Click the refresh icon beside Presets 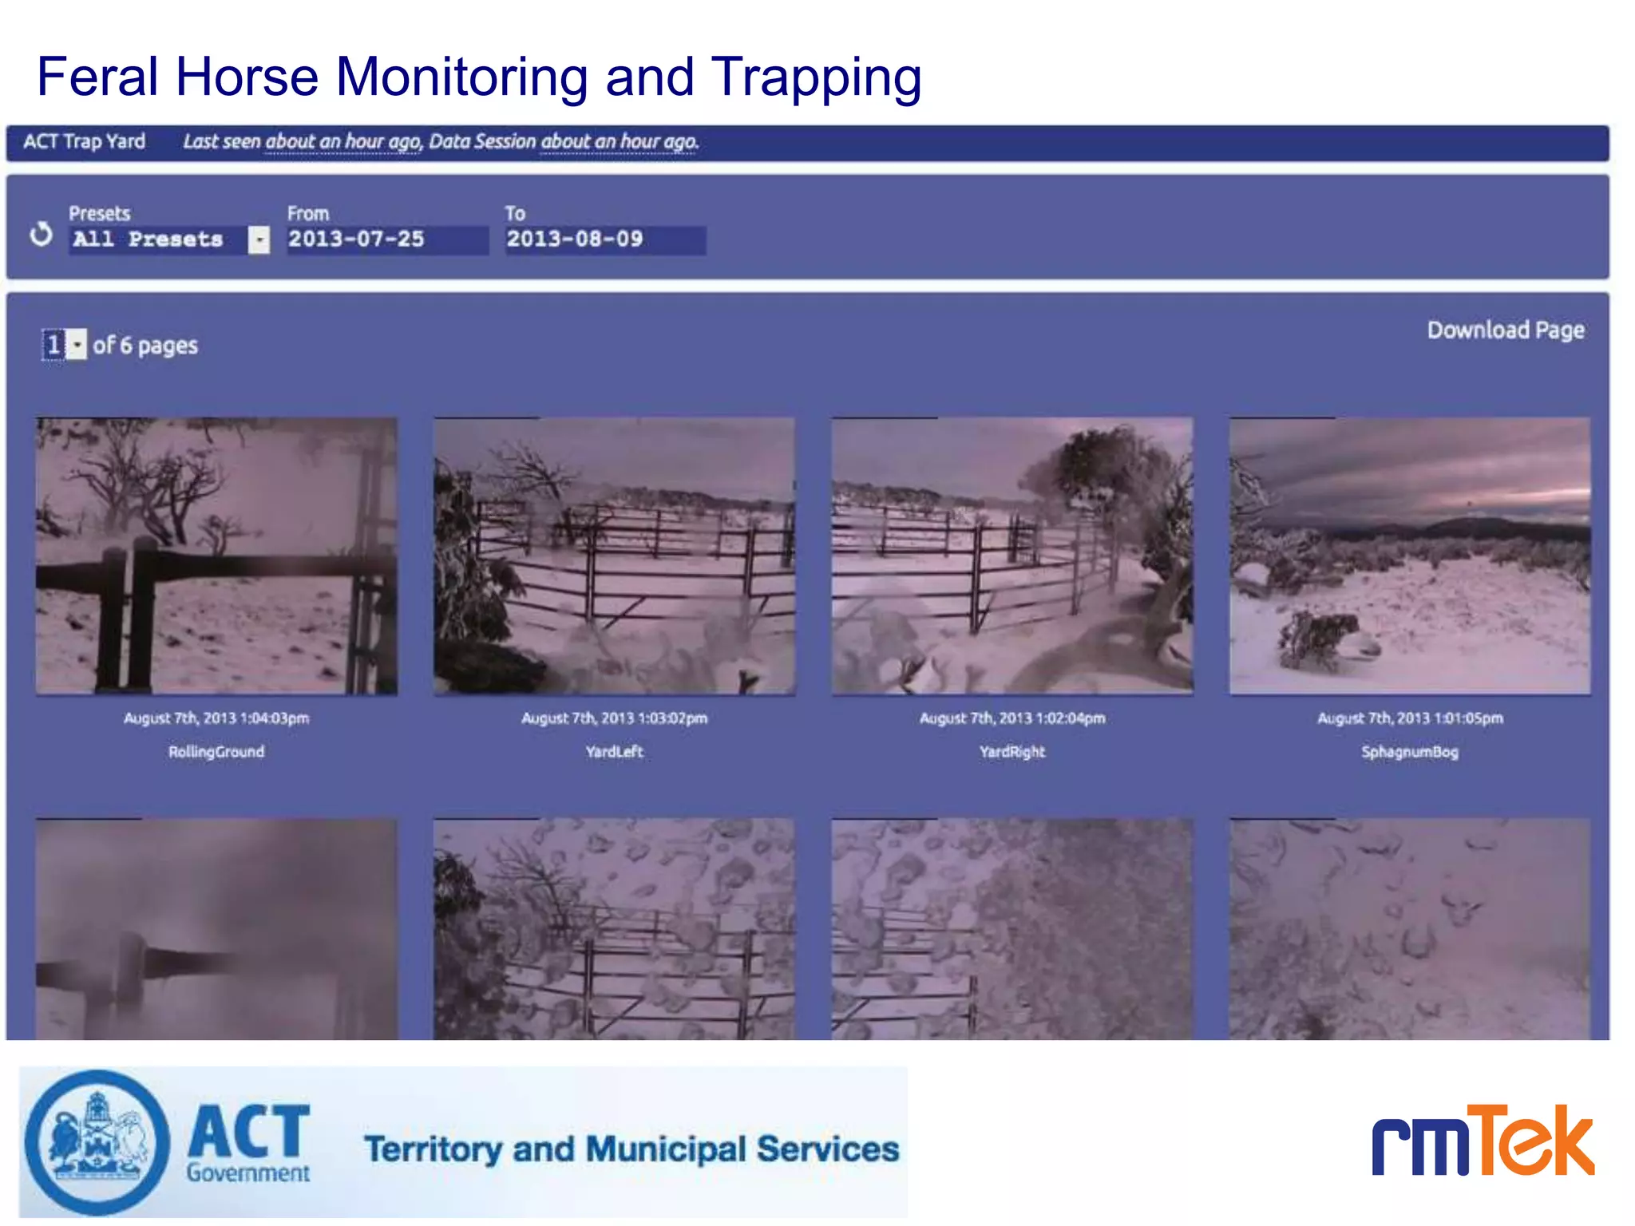pyautogui.click(x=41, y=235)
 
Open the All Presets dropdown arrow pyautogui.click(x=259, y=239)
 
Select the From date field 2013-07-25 pyautogui.click(x=386, y=239)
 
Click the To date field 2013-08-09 pyautogui.click(x=604, y=239)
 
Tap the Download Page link pyautogui.click(x=1505, y=330)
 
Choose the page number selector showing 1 pyautogui.click(x=64, y=345)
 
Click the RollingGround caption pyautogui.click(x=216, y=752)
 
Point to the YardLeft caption pyautogui.click(x=614, y=752)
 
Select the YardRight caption pyautogui.click(x=1011, y=752)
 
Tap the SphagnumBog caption pyautogui.click(x=1409, y=752)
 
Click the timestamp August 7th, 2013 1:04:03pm pyautogui.click(x=216, y=718)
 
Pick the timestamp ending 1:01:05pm pyautogui.click(x=1409, y=718)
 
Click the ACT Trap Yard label pyautogui.click(x=84, y=142)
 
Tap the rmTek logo pyautogui.click(x=1483, y=1141)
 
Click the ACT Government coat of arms pyautogui.click(x=97, y=1141)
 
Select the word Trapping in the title pyautogui.click(x=815, y=78)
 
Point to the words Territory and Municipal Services pyautogui.click(x=631, y=1149)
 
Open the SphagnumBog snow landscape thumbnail pyautogui.click(x=1409, y=556)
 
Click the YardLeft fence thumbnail pyautogui.click(x=614, y=556)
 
